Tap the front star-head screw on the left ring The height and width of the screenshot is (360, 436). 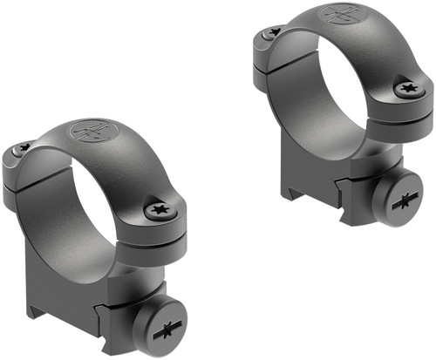coord(160,209)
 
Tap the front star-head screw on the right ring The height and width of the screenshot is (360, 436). coord(406,89)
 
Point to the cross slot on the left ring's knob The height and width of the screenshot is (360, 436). coord(161,333)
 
